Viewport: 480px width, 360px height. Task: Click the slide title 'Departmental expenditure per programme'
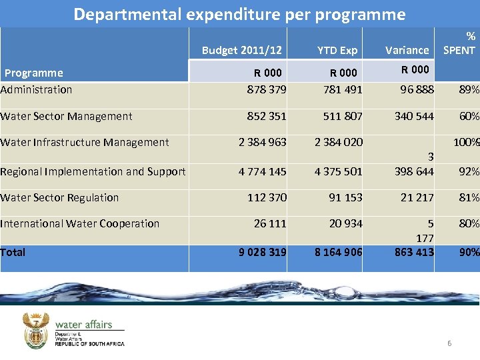point(239,14)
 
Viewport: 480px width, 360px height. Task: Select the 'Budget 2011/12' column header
point(241,50)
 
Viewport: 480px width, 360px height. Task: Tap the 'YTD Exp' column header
point(337,50)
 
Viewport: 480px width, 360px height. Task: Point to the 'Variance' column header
point(407,50)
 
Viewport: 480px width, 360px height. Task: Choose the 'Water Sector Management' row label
point(66,116)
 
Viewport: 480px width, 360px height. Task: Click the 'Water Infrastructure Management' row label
point(85,142)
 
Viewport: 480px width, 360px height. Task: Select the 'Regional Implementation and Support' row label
point(93,171)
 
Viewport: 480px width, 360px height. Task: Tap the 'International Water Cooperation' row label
point(80,223)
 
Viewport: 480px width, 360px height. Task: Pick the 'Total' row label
point(13,252)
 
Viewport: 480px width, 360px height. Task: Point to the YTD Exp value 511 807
point(343,116)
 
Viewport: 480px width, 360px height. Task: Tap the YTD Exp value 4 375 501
point(339,171)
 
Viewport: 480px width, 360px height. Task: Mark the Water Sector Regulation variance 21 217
point(417,197)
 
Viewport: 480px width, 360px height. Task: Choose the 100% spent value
point(466,142)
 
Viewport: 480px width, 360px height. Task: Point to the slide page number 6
point(449,343)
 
